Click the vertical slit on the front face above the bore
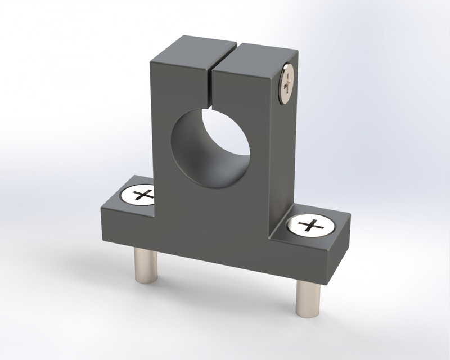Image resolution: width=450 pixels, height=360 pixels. (x=211, y=90)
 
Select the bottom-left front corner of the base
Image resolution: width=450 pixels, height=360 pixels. (x=102, y=241)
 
